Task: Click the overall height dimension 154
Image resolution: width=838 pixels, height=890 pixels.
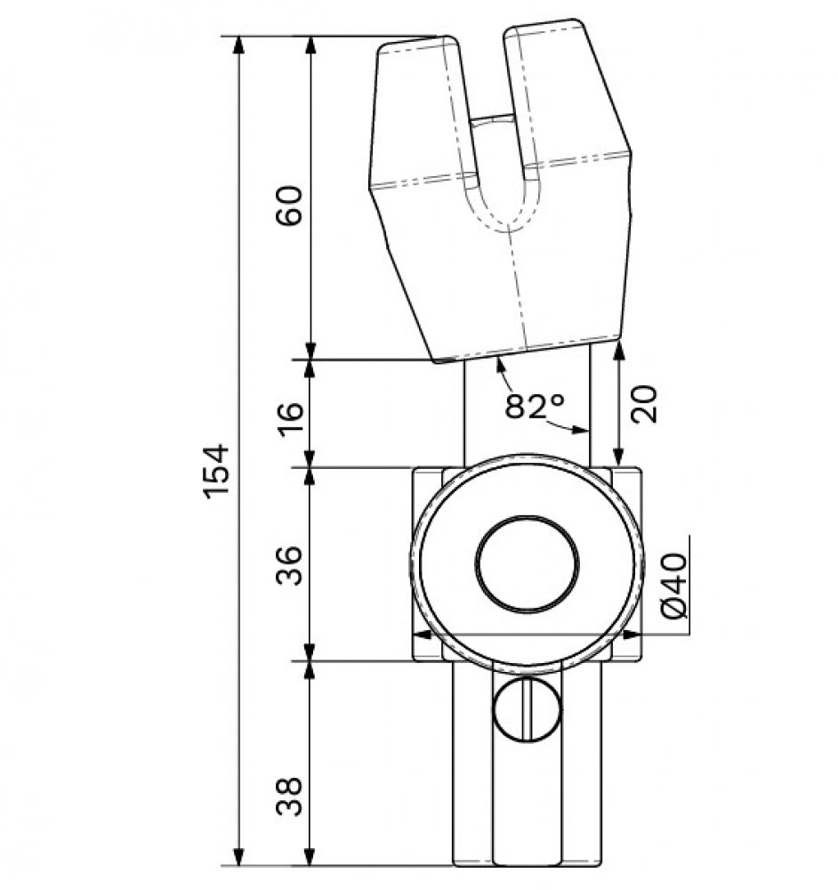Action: click(217, 471)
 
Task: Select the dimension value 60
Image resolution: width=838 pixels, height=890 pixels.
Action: click(289, 206)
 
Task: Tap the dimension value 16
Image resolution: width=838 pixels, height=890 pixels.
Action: click(291, 419)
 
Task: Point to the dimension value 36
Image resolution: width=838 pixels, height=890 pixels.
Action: click(289, 565)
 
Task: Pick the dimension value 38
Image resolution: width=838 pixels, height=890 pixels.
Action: click(289, 797)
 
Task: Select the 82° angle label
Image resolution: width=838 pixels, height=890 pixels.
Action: click(535, 405)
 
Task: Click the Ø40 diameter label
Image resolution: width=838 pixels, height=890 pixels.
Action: click(674, 586)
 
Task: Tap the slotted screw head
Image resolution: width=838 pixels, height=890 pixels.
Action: click(527, 709)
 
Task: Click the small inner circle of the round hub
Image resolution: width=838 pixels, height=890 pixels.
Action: click(527, 564)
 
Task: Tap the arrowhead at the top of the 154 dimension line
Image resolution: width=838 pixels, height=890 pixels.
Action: click(239, 45)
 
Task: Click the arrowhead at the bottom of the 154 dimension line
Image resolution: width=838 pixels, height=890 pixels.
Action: click(239, 856)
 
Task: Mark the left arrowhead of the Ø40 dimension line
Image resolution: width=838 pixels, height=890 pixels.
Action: click(421, 635)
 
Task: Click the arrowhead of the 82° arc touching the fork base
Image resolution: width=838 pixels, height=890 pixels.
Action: click(501, 366)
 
